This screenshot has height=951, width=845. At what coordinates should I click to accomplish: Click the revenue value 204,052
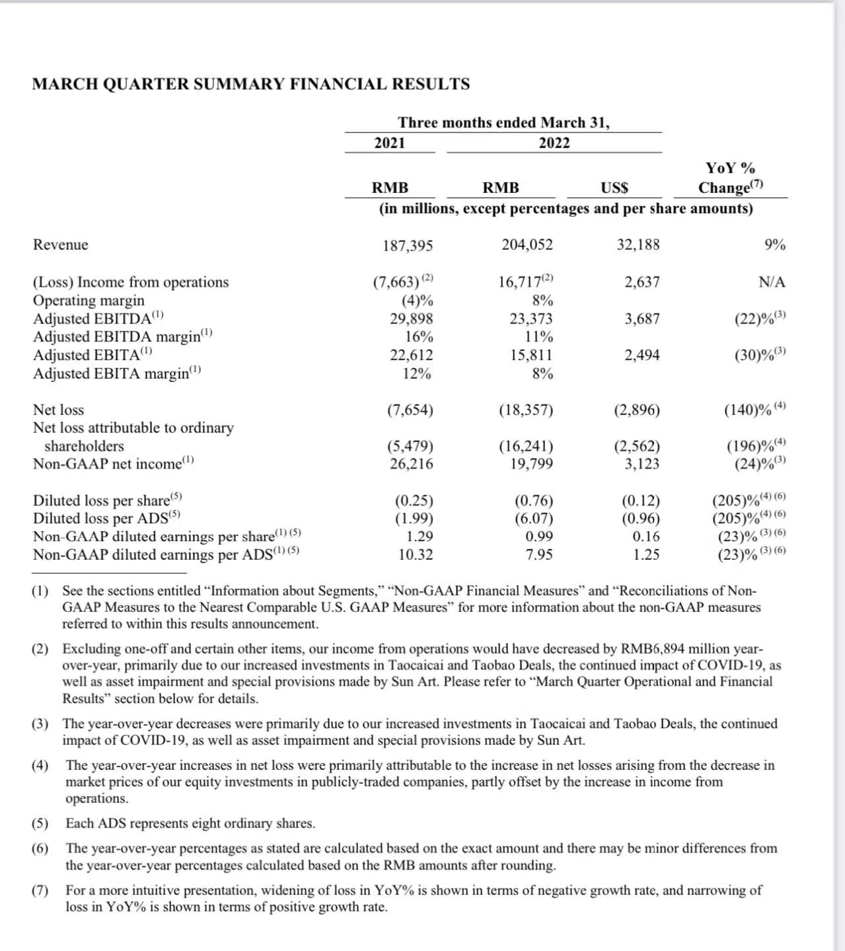point(527,245)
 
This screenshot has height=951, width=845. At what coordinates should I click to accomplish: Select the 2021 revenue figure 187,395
point(408,246)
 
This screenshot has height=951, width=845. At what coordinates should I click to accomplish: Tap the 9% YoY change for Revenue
point(775,245)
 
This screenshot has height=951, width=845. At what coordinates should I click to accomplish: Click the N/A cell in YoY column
point(772,283)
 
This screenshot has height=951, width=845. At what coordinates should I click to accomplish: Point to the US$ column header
point(614,188)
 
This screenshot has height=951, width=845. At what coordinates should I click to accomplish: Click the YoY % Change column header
point(731,178)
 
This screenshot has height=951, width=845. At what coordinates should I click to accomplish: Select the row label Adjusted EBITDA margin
point(123,337)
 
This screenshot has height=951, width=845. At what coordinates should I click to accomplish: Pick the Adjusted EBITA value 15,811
point(531,356)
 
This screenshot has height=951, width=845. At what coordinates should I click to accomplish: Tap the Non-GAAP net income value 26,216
point(411,464)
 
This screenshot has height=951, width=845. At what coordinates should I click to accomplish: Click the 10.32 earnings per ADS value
point(416,555)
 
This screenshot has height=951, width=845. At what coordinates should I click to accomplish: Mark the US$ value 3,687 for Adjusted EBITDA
point(642,319)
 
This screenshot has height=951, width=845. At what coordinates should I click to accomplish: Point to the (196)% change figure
point(749,446)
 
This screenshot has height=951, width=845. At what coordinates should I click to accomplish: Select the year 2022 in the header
point(554,143)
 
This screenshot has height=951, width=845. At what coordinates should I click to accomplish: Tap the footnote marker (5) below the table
point(40,823)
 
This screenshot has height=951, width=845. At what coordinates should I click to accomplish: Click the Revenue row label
point(60,245)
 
